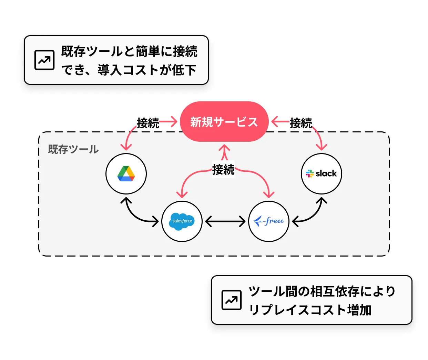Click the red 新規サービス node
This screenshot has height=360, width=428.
pyautogui.click(x=224, y=122)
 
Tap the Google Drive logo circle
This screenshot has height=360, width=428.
pyautogui.click(x=126, y=174)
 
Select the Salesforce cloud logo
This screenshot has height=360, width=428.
pyautogui.click(x=182, y=221)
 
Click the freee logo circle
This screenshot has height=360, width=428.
pyautogui.click(x=269, y=221)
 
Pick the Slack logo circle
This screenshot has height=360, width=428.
pyautogui.click(x=322, y=173)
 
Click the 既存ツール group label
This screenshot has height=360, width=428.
pyautogui.click(x=73, y=149)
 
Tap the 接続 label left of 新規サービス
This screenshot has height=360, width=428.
pyautogui.click(x=148, y=123)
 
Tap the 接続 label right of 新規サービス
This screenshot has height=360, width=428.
pyautogui.click(x=301, y=123)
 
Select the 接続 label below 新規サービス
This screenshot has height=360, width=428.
pyautogui.click(x=223, y=169)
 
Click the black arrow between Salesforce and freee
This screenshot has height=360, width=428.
pyautogui.click(x=225, y=221)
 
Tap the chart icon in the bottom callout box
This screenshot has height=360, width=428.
pyautogui.click(x=231, y=300)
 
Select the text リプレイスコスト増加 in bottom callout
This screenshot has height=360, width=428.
pyautogui.click(x=310, y=310)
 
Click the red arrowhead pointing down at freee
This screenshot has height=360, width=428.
pyautogui.click(x=269, y=194)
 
